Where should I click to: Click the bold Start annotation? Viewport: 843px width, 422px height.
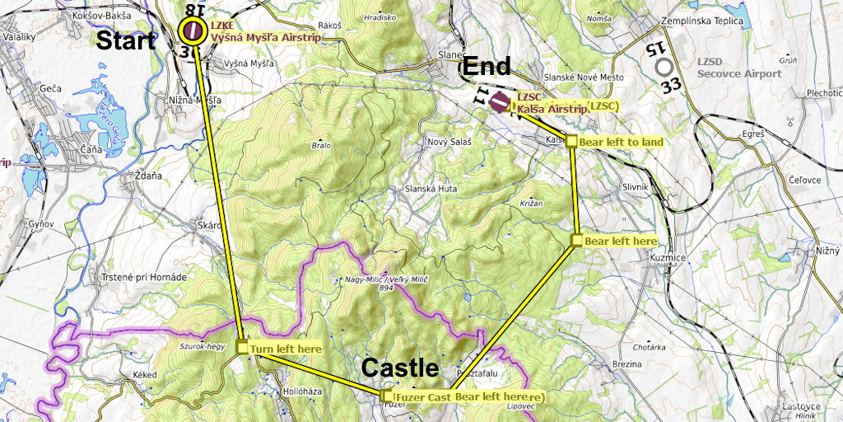coord(126,41)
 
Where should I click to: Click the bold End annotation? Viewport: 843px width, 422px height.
coord(487,67)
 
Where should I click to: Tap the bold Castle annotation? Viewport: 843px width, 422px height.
coord(401,368)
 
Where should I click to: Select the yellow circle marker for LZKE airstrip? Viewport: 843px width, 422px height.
coord(194,31)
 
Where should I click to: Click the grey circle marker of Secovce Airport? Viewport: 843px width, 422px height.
coord(664,66)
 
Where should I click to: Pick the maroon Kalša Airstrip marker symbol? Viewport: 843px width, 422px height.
coord(499,102)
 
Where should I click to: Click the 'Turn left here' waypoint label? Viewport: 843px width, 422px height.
coord(286,349)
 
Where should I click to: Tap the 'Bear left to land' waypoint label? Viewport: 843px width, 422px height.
coord(621,142)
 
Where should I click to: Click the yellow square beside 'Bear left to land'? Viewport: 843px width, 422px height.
coord(571,141)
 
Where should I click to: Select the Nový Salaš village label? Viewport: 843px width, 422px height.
coord(449,142)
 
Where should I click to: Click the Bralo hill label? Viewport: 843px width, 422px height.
coord(321,145)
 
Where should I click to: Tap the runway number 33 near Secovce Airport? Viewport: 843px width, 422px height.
coord(671,84)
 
